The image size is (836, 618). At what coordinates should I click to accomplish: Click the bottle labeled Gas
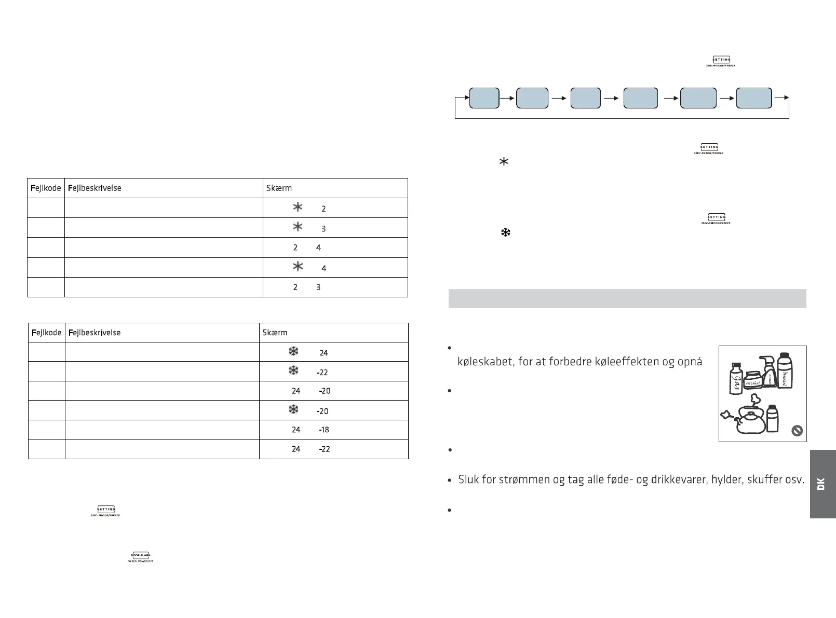736,378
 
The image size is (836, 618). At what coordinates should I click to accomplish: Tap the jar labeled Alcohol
753,381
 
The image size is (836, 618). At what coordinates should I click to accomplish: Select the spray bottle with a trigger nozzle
769,373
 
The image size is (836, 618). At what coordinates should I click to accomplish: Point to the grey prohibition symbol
797,431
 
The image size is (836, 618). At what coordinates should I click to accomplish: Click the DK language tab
822,484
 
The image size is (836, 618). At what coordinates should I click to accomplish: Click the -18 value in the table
324,430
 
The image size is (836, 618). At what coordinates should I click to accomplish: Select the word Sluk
468,479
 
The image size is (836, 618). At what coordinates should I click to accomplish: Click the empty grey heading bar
627,298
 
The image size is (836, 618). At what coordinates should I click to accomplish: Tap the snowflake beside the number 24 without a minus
293,352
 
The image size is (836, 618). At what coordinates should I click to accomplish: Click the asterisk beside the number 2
298,208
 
